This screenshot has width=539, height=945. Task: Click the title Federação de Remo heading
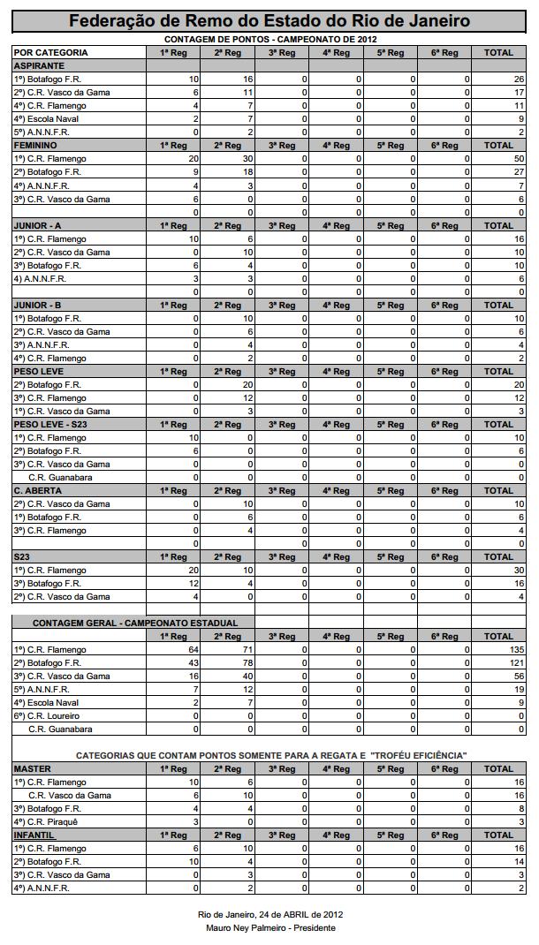click(269, 21)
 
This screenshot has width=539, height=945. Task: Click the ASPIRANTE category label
click(39, 66)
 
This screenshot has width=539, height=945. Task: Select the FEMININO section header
click(36, 146)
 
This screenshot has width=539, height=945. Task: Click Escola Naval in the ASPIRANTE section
click(45, 119)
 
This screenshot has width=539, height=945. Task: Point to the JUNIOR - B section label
click(38, 306)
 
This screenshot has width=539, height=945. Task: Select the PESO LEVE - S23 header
click(50, 425)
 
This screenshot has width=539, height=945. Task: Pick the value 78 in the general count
click(247, 663)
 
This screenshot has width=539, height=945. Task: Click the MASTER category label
click(33, 769)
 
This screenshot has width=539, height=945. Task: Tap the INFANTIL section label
click(34, 835)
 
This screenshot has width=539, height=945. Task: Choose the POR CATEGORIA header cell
click(50, 53)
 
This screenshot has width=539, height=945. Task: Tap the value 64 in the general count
click(194, 650)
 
